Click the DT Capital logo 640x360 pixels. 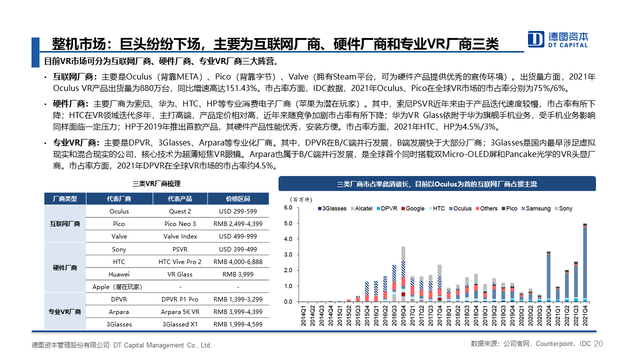[x=557, y=39]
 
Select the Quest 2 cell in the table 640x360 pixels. [x=180, y=211]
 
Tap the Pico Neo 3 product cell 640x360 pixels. [x=180, y=223]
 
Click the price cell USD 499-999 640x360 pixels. [x=238, y=236]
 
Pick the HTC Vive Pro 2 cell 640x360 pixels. [x=180, y=261]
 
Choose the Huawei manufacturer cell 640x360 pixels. [x=119, y=274]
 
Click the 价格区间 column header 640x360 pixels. [x=238, y=199]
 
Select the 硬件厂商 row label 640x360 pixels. [x=65, y=267]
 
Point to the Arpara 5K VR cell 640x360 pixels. [x=180, y=311]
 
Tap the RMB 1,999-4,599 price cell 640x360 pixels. [x=238, y=324]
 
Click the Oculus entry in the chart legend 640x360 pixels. [x=460, y=208]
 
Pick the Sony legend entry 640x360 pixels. [x=563, y=208]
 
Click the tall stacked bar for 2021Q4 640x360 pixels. [x=585, y=262]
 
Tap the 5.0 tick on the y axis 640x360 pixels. [x=288, y=223]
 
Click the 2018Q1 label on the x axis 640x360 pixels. [x=448, y=315]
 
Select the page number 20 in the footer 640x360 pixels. [x=598, y=343]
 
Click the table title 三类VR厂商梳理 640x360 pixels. [x=156, y=183]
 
